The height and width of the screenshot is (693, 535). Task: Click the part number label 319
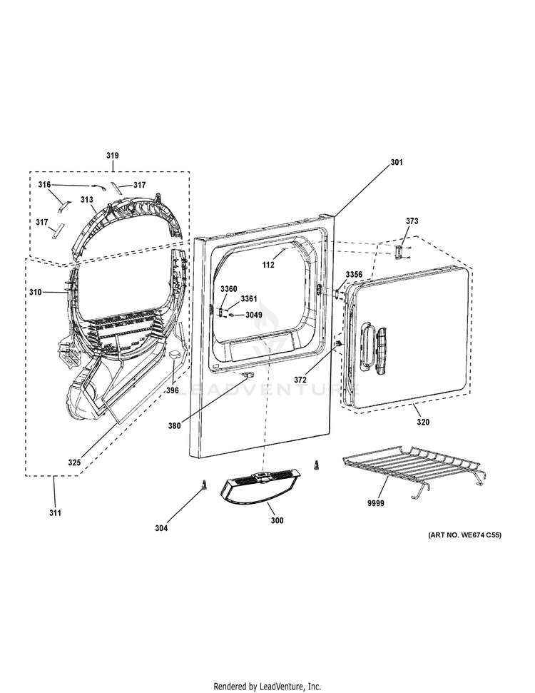click(x=113, y=155)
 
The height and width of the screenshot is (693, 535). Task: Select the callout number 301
click(x=397, y=162)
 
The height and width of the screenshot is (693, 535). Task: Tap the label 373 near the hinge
click(x=412, y=221)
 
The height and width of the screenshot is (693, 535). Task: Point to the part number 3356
click(x=354, y=275)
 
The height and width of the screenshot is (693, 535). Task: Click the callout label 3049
click(x=254, y=315)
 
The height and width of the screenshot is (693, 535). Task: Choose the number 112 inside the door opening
click(x=268, y=265)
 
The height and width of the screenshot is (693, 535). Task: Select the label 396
click(x=173, y=390)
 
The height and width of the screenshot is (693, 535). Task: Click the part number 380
click(x=175, y=426)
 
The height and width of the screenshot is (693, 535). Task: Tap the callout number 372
click(x=300, y=380)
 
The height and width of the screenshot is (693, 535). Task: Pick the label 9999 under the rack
click(x=376, y=503)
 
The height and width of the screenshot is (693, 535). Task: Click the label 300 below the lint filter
click(x=277, y=520)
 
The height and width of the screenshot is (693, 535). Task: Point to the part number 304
click(x=161, y=527)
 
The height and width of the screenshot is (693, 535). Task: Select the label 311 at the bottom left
click(x=55, y=512)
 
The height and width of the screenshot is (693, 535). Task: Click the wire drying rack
click(x=411, y=468)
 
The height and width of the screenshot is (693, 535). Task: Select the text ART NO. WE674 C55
click(x=464, y=535)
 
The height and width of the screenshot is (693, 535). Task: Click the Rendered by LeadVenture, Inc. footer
click(x=267, y=687)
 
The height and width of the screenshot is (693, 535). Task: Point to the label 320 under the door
click(x=423, y=422)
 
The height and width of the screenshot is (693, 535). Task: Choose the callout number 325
click(x=74, y=462)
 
